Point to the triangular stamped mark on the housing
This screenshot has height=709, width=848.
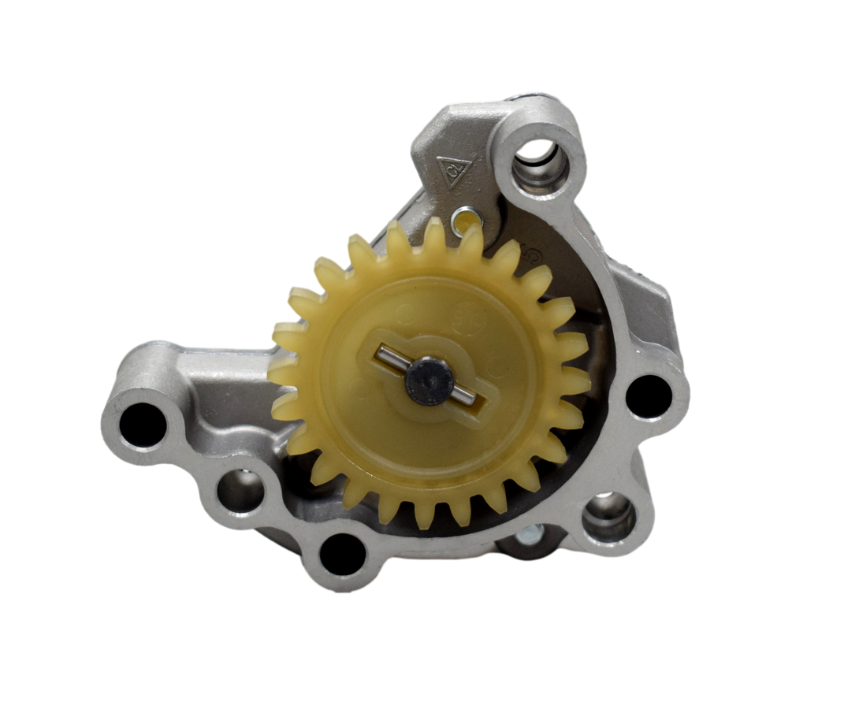coord(454,171)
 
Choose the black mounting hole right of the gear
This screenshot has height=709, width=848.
coord(653,393)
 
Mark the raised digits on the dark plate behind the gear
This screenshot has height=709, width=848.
coord(534,255)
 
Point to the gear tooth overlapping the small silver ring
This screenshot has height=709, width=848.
coord(472,235)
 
